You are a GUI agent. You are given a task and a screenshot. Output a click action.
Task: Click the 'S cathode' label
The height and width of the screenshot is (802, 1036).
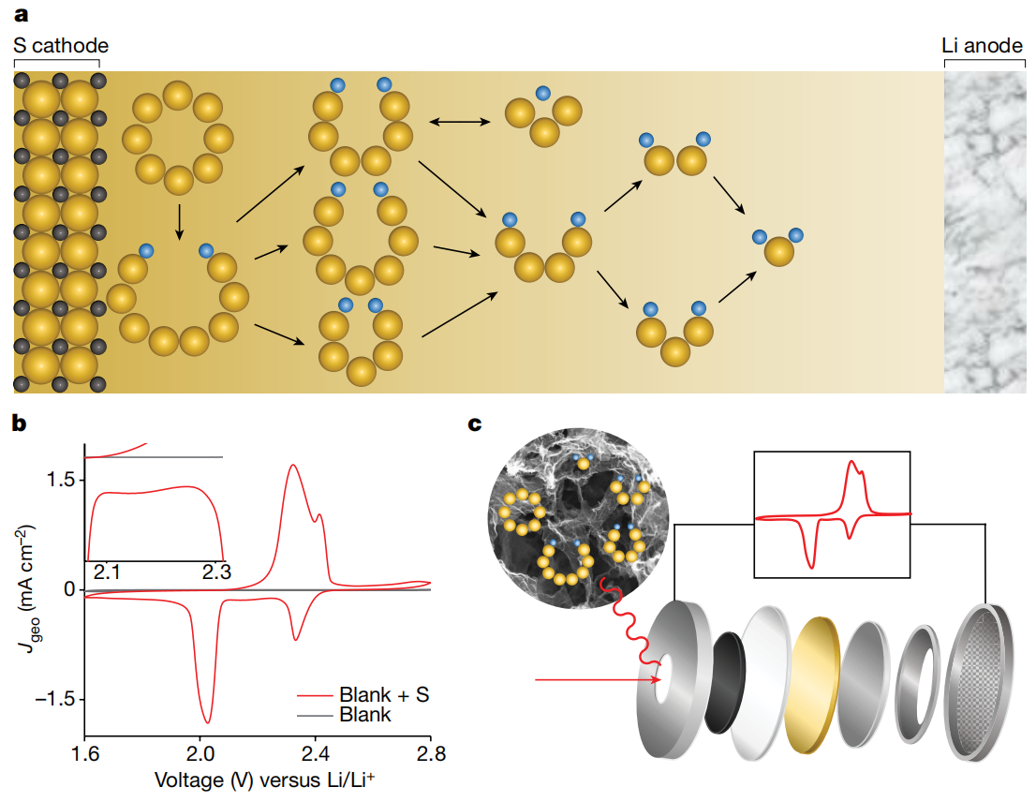pyautogui.click(x=61, y=45)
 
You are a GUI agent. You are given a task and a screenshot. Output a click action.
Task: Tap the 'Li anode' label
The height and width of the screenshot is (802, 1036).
pyautogui.click(x=983, y=45)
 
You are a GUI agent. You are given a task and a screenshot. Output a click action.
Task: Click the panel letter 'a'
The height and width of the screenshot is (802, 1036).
pyautogui.click(x=20, y=13)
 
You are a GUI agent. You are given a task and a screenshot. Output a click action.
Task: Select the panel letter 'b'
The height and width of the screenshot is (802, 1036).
pyautogui.click(x=19, y=423)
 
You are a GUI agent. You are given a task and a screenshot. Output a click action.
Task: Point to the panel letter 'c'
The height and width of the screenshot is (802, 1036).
pyautogui.click(x=476, y=423)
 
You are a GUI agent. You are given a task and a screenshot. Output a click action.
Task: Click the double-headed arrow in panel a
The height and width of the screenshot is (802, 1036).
pyautogui.click(x=460, y=122)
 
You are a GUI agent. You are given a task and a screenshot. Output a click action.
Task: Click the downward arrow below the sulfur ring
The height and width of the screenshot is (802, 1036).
pyautogui.click(x=178, y=222)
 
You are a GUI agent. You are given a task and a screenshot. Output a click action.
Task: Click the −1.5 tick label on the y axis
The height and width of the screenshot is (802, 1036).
pyautogui.click(x=52, y=699)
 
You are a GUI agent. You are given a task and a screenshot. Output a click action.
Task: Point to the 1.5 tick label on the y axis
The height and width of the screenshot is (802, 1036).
pyautogui.click(x=62, y=480)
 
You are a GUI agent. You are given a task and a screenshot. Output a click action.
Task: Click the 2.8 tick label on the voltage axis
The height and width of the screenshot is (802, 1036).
pyautogui.click(x=430, y=753)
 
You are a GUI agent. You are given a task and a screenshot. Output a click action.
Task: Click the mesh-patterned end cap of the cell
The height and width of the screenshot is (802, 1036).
pyautogui.click(x=984, y=677)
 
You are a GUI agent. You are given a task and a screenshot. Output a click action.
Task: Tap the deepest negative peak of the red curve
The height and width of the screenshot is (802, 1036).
pyautogui.click(x=208, y=721)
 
